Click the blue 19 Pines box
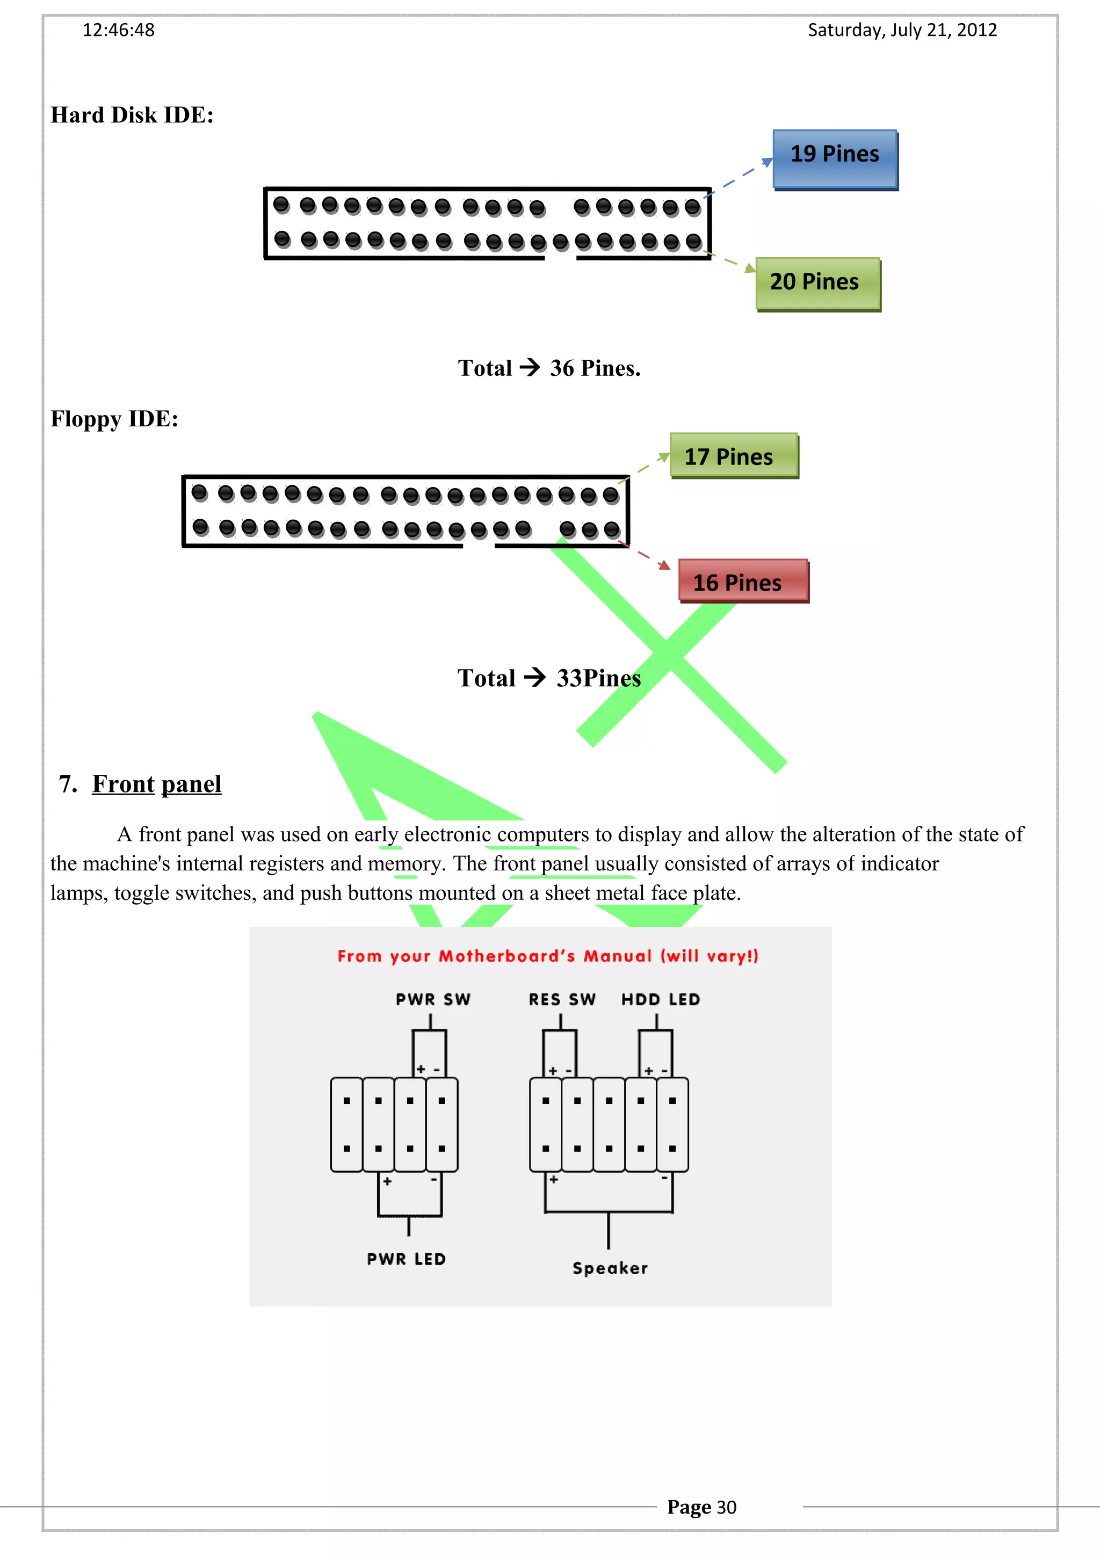pyautogui.click(x=835, y=159)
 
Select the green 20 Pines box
pyautogui.click(x=817, y=283)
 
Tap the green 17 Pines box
pyautogui.click(x=733, y=455)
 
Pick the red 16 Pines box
pyautogui.click(x=743, y=581)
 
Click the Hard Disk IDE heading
pyautogui.click(x=132, y=115)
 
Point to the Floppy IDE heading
pyautogui.click(x=114, y=419)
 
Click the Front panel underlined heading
pyautogui.click(x=156, y=784)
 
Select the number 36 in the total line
pyautogui.click(x=562, y=368)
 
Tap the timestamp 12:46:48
pyautogui.click(x=119, y=30)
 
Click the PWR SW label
pyautogui.click(x=433, y=1000)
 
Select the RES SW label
pyautogui.click(x=562, y=1000)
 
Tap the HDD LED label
pyautogui.click(x=661, y=1000)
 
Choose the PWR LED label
pyautogui.click(x=406, y=1259)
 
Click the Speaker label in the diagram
pyautogui.click(x=610, y=1268)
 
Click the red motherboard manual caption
pyautogui.click(x=548, y=956)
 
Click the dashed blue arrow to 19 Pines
pyautogui.click(x=740, y=177)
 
